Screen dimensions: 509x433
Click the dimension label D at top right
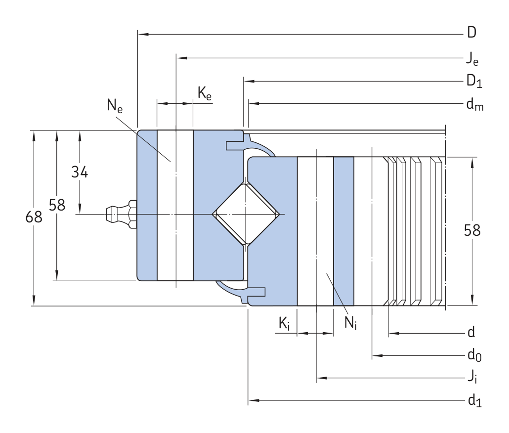(x=471, y=33)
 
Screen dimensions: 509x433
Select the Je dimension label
(x=472, y=59)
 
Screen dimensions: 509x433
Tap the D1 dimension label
(x=474, y=81)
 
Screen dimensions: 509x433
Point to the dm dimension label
(x=475, y=104)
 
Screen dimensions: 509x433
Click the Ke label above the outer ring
(x=205, y=93)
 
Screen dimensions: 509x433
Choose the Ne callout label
(x=115, y=106)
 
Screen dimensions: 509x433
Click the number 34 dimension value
(x=80, y=172)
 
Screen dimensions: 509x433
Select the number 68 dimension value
(x=34, y=217)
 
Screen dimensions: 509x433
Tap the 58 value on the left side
(x=57, y=205)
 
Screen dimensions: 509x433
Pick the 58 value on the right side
(x=472, y=230)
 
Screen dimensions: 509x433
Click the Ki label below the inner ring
(x=284, y=324)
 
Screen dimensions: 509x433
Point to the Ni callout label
(x=350, y=323)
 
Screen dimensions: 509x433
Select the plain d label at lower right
(x=471, y=332)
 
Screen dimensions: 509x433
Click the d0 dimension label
(x=474, y=355)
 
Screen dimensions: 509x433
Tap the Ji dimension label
(x=472, y=378)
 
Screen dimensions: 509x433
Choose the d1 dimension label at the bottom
(x=474, y=400)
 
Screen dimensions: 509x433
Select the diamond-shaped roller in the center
(x=246, y=214)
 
